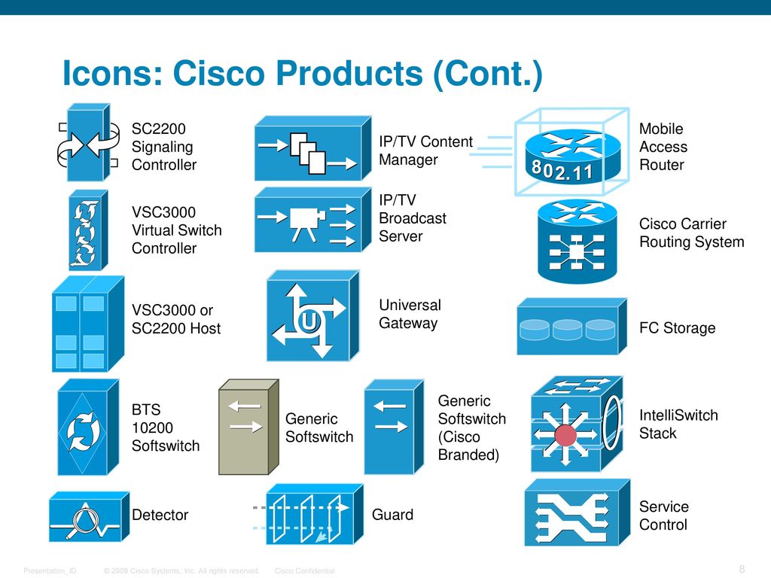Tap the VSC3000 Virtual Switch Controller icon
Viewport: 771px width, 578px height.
pyautogui.click(x=88, y=230)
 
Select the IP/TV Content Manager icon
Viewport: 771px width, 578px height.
pyautogui.click(x=312, y=148)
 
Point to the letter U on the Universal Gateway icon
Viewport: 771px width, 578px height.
pyautogui.click(x=308, y=321)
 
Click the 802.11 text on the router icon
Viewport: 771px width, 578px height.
pyautogui.click(x=562, y=171)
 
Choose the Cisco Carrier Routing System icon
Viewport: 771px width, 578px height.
pyautogui.click(x=577, y=241)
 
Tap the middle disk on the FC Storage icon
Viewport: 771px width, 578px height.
pyautogui.click(x=567, y=330)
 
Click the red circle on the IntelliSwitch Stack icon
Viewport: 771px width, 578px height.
pyautogui.click(x=565, y=435)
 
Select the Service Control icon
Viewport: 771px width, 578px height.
pyautogui.click(x=577, y=513)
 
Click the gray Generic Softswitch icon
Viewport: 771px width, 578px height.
pyautogui.click(x=248, y=427)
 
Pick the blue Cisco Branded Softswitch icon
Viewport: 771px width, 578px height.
pyautogui.click(x=394, y=427)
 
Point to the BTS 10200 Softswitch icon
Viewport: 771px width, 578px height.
pyautogui.click(x=88, y=427)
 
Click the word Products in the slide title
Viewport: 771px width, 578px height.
pyautogui.click(x=349, y=73)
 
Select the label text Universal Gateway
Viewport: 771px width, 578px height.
pyautogui.click(x=410, y=314)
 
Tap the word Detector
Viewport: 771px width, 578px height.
pyautogui.click(x=160, y=515)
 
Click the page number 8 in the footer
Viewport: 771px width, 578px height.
pyautogui.click(x=742, y=569)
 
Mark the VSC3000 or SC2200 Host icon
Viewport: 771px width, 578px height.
pyautogui.click(x=88, y=324)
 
